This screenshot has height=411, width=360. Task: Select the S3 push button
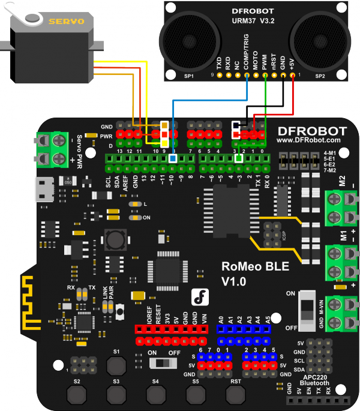click(x=116, y=394)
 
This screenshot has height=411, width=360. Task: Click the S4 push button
click(x=155, y=394)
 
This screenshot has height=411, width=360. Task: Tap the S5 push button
click(x=195, y=394)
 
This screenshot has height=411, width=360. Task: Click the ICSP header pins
click(x=271, y=231)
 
